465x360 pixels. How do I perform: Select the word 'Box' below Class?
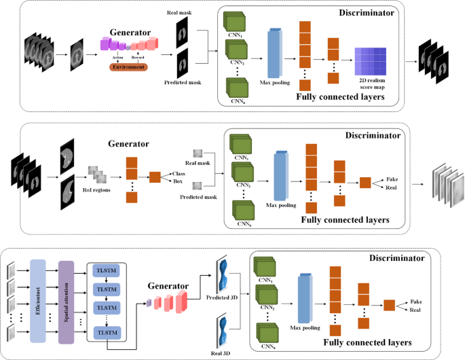[178, 181]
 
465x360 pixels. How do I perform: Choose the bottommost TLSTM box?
[106, 331]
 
